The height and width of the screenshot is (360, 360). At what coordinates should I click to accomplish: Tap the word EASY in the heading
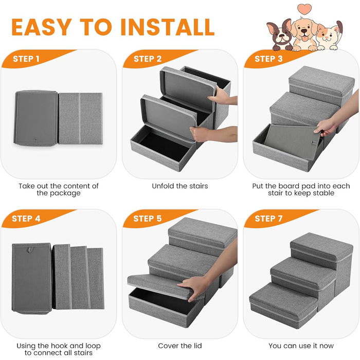(x=42, y=27)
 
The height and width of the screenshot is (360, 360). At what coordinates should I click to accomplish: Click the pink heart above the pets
(x=304, y=9)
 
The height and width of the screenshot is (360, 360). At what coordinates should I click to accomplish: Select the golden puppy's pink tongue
(x=305, y=38)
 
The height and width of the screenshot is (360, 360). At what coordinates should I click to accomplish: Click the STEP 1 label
(x=26, y=59)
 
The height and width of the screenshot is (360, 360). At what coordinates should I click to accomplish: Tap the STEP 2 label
(x=148, y=59)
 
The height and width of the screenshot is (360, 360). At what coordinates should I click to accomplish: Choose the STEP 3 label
(x=268, y=59)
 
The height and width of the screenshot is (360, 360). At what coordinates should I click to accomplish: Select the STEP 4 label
(x=26, y=219)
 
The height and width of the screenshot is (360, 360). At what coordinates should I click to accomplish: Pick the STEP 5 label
(x=148, y=219)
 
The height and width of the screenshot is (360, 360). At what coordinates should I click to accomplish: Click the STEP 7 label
(x=268, y=219)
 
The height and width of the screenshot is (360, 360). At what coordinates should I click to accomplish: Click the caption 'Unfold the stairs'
(x=180, y=186)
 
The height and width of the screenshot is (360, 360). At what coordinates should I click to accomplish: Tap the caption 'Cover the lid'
(x=180, y=346)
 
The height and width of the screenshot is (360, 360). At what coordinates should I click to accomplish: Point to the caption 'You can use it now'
(x=301, y=346)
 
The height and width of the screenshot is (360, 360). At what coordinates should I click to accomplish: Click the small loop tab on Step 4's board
(x=30, y=249)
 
